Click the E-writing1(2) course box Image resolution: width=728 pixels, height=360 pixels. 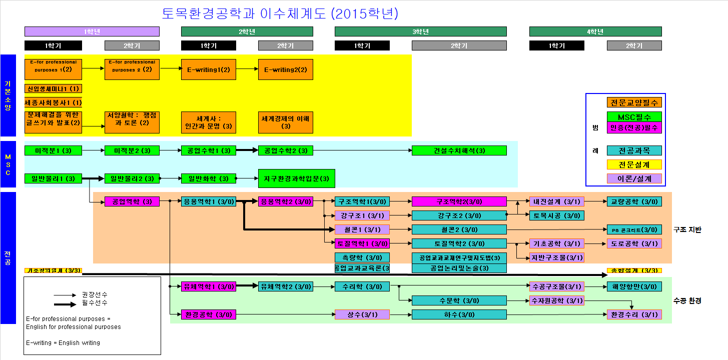[208, 69]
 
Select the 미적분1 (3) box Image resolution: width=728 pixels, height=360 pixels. [53, 150]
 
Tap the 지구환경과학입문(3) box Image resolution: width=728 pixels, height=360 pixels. [297, 178]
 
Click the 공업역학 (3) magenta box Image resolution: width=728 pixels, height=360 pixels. [132, 202]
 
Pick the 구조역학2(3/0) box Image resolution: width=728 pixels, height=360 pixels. [459, 202]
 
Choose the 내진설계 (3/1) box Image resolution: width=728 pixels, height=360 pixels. [557, 202]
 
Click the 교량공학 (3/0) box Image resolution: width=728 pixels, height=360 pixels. [634, 202]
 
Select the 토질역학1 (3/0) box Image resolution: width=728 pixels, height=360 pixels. [362, 244]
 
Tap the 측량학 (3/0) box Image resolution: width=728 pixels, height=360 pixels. [362, 257]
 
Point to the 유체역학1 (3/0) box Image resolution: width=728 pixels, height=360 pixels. [208, 286]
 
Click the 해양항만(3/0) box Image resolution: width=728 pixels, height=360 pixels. [634, 286]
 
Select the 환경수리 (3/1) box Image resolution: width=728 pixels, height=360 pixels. [634, 315]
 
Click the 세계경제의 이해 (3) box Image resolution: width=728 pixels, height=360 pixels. [286, 122]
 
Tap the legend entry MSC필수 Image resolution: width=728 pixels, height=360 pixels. [634, 116]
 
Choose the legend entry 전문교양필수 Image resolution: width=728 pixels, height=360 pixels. [634, 102]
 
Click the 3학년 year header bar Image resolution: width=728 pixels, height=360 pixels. [420, 31]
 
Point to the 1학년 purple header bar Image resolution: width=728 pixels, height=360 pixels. [92, 31]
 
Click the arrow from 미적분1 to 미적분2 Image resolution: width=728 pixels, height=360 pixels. [93, 150]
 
